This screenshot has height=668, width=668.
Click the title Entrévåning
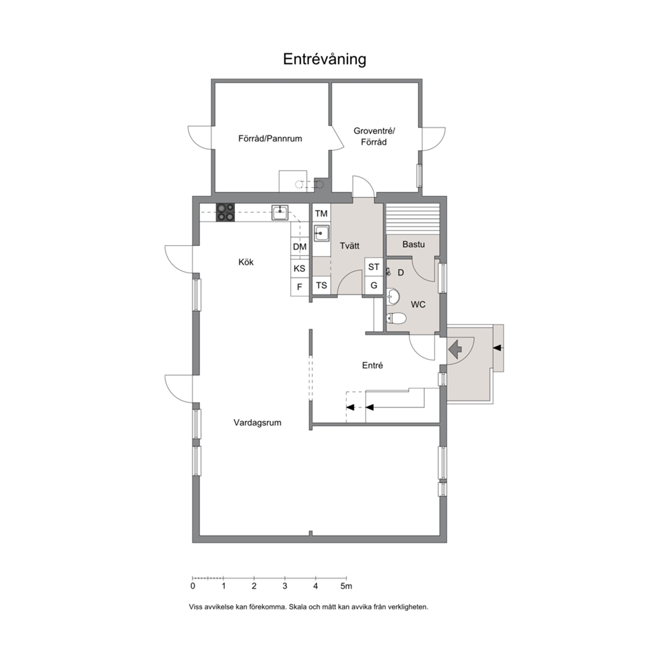pyautogui.click(x=325, y=59)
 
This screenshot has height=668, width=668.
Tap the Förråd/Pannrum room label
pyautogui.click(x=270, y=139)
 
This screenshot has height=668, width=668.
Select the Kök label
pyautogui.click(x=246, y=262)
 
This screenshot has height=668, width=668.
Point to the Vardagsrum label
pyautogui.click(x=257, y=423)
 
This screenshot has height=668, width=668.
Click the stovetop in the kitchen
pyautogui.click(x=226, y=212)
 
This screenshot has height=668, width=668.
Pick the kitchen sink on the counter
pyautogui.click(x=280, y=212)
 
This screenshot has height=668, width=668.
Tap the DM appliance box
pyautogui.click(x=300, y=246)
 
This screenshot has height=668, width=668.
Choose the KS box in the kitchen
pyautogui.click(x=300, y=269)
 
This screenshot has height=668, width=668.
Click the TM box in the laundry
pyautogui.click(x=322, y=213)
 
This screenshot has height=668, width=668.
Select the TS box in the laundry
pyautogui.click(x=322, y=286)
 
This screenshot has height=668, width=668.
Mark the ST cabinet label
pyautogui.click(x=374, y=267)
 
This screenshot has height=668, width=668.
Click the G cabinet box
pyautogui.click(x=374, y=286)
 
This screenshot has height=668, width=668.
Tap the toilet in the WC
pyautogui.click(x=396, y=318)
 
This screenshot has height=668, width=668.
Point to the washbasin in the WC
pyautogui.click(x=393, y=297)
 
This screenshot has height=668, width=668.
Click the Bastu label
pyautogui.click(x=413, y=244)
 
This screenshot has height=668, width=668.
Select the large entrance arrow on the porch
pyautogui.click(x=455, y=349)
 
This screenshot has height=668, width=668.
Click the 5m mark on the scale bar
pyautogui.click(x=346, y=587)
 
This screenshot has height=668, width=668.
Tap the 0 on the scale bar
pyautogui.click(x=193, y=587)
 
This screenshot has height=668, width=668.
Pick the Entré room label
pyautogui.click(x=372, y=366)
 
